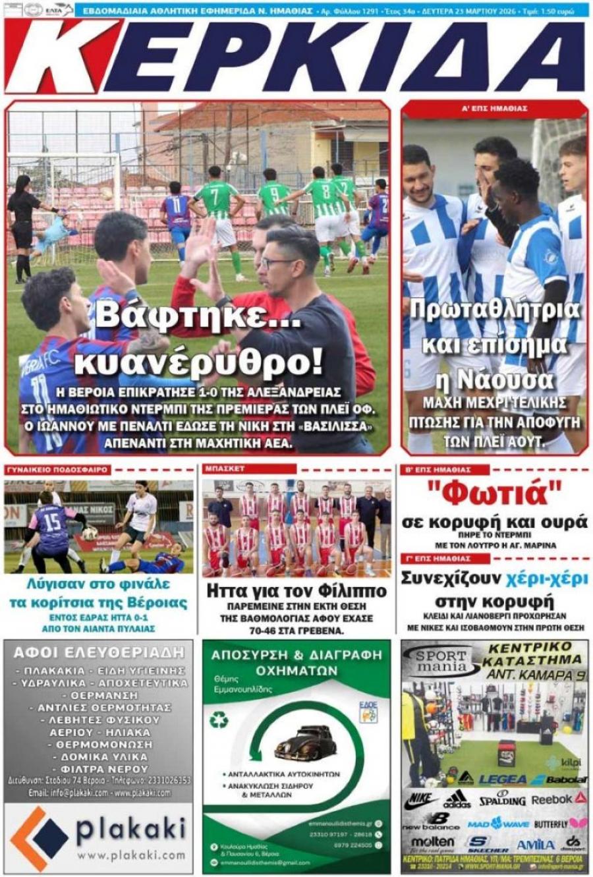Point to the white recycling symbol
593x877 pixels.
[x=219, y=721]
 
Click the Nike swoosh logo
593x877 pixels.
[x=419, y=800]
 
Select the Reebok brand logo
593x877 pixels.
[x=557, y=799]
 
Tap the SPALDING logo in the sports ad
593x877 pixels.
[x=502, y=799]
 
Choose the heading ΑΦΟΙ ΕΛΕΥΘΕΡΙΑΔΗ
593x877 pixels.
[x=99, y=652]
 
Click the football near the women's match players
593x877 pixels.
[x=90, y=533]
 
